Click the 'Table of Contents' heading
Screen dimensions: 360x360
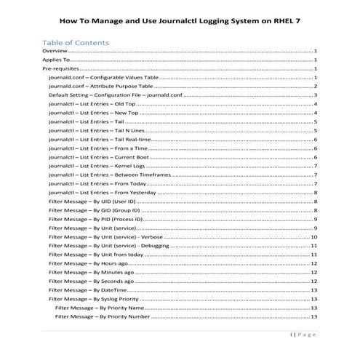[x=76, y=42]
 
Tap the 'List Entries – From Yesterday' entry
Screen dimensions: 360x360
[x=98, y=193]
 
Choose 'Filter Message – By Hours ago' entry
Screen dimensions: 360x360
[x=87, y=263]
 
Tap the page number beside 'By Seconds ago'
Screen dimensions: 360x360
[x=313, y=281]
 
